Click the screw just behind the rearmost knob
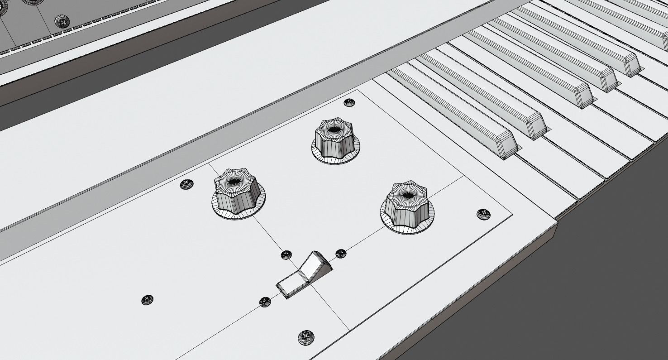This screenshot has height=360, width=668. click(349, 103)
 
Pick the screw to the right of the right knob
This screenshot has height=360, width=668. click(483, 214)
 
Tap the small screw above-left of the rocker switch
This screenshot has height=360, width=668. click(286, 255)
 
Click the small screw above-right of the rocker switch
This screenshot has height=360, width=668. click(341, 254)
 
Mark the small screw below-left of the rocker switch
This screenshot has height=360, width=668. click(265, 302)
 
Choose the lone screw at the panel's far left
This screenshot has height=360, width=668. click(147, 300)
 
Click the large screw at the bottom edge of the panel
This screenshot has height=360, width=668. click(306, 337)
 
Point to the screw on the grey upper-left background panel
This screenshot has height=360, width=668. click(62, 21)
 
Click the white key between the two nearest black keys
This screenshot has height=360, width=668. click(530, 147)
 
